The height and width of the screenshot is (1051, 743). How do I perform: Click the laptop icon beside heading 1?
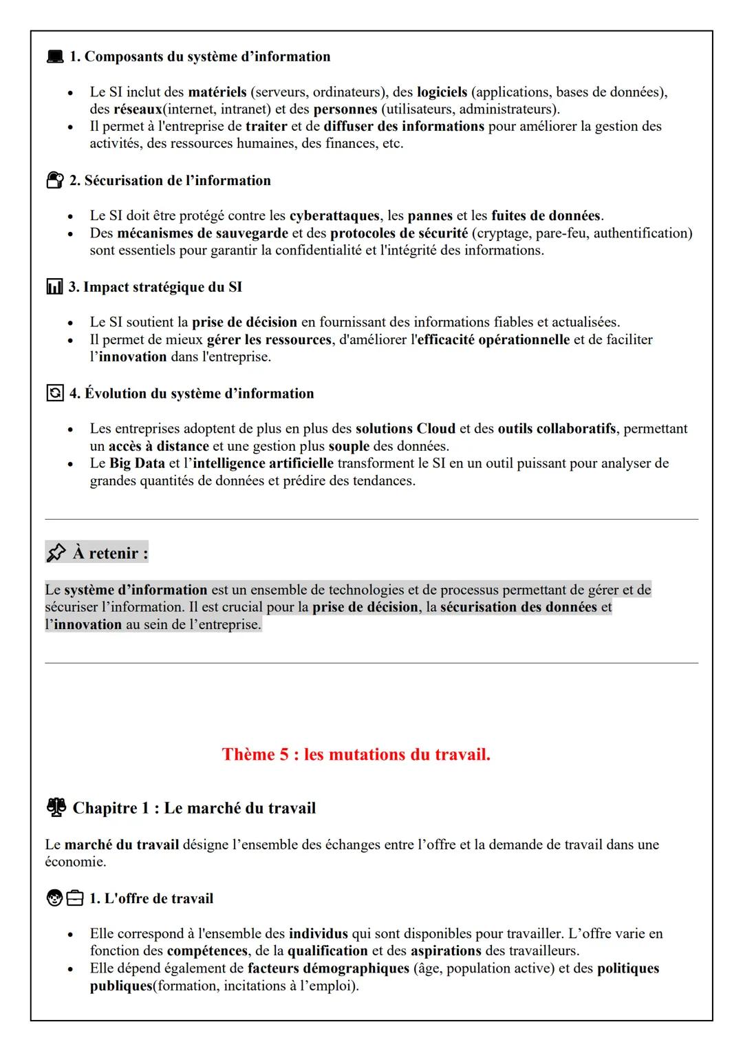click(54, 56)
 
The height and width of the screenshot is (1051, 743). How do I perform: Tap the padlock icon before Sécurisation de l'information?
click(54, 180)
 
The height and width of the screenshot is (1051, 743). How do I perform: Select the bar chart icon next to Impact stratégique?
click(54, 287)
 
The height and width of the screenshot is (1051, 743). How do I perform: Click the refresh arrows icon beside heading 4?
click(54, 393)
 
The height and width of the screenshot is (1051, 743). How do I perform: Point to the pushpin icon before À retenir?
click(56, 553)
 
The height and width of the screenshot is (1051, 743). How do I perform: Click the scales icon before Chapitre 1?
click(56, 807)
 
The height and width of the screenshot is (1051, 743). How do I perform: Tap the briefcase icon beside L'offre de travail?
click(75, 898)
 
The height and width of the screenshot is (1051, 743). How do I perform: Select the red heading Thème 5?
click(356, 754)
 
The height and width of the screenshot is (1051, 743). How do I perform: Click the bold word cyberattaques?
click(334, 215)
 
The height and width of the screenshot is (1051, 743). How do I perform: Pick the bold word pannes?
click(430, 215)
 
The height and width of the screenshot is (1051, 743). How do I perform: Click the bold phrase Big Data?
click(137, 463)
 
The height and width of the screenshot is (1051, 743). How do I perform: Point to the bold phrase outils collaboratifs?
click(557, 429)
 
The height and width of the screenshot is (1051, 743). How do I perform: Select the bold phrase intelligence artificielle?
click(263, 463)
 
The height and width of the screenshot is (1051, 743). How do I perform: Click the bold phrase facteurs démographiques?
click(328, 968)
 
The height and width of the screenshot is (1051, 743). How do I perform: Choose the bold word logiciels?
click(442, 92)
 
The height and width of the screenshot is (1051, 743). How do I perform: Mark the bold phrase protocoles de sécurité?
click(399, 233)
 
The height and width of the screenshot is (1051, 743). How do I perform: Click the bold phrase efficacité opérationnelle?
click(493, 339)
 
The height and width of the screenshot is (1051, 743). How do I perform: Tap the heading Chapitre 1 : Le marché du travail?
click(194, 807)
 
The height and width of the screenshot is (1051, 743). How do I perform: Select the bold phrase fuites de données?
click(546, 215)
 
